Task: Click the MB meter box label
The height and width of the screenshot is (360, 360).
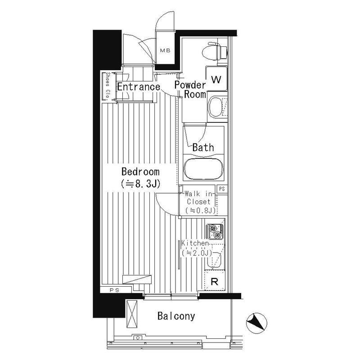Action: tap(165, 50)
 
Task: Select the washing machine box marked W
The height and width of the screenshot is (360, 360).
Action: tap(216, 80)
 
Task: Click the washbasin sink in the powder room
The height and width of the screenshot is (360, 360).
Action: tap(217, 106)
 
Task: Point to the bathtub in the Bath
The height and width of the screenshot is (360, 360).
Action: tap(204, 169)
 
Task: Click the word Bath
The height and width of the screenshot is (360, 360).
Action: tap(203, 147)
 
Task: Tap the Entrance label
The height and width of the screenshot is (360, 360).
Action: tap(138, 86)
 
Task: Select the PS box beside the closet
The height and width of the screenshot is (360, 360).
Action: tap(221, 189)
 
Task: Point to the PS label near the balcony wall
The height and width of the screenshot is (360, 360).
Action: tap(113, 290)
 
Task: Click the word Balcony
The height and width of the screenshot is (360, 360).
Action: tap(176, 316)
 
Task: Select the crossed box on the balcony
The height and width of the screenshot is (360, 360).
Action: tap(133, 314)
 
